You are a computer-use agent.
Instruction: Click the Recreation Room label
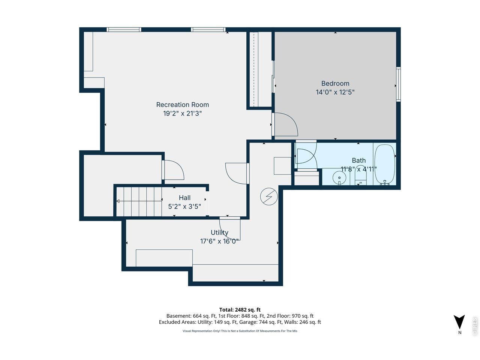(x=182, y=105)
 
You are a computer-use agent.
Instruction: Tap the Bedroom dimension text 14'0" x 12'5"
(x=335, y=92)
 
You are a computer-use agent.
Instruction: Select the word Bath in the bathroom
(x=358, y=160)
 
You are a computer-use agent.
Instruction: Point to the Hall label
(x=184, y=198)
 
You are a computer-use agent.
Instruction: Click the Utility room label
(x=219, y=232)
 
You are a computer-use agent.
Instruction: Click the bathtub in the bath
(x=385, y=164)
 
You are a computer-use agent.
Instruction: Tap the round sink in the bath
(x=339, y=177)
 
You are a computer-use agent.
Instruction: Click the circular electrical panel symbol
(x=269, y=196)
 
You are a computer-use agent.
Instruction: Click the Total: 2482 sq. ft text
(x=240, y=310)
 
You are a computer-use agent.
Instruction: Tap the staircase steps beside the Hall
(x=139, y=201)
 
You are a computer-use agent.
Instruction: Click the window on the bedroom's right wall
(x=398, y=84)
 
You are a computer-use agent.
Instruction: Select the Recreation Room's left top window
(x=124, y=30)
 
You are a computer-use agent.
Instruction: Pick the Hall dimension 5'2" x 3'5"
(x=184, y=207)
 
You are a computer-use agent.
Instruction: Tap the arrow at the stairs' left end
(x=118, y=201)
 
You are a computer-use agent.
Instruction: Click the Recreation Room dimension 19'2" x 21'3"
(x=182, y=114)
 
